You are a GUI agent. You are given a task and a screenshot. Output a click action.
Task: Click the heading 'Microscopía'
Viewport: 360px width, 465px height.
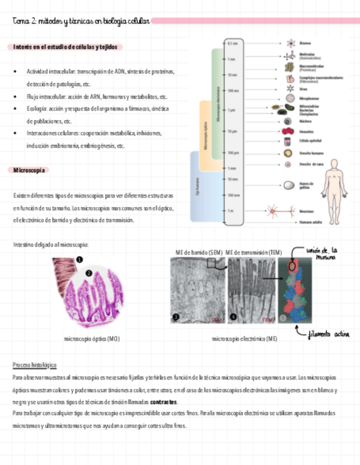29,171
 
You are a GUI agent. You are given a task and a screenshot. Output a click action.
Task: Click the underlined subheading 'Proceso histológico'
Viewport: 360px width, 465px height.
34,365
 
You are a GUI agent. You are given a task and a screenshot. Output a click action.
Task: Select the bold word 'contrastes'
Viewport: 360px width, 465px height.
164,402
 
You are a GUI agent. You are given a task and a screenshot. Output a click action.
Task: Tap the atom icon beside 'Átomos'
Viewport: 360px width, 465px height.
289,43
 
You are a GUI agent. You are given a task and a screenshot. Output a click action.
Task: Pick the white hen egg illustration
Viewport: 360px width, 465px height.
288,186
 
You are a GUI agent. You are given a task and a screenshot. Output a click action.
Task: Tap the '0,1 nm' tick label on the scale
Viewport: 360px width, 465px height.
233,43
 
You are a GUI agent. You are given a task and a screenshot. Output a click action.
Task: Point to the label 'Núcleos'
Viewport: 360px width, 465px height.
306,120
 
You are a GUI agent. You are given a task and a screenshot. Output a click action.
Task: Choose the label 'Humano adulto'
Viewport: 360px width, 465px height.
311,223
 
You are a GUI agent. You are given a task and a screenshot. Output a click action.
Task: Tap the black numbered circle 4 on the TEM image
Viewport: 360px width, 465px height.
233,316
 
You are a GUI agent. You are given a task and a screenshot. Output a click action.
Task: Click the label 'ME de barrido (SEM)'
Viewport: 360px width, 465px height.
199,252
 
